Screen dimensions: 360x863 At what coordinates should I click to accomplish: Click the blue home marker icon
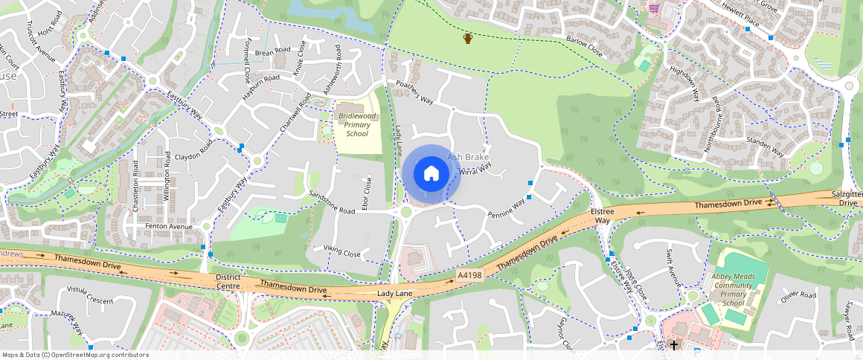pyautogui.click(x=431, y=174)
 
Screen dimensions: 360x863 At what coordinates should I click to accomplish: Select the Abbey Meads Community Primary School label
pyautogui.click(x=733, y=289)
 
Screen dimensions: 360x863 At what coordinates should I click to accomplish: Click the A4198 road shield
pyautogui.click(x=469, y=275)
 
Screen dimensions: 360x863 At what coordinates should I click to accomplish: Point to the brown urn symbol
pyautogui.click(x=468, y=38)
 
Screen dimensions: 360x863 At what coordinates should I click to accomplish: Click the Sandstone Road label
pyautogui.click(x=332, y=202)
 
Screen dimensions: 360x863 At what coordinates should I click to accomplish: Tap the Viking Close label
pyautogui.click(x=341, y=251)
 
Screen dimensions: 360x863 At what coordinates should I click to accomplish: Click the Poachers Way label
pyautogui.click(x=414, y=91)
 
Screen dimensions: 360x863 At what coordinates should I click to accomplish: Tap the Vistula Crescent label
pyautogui.click(x=89, y=295)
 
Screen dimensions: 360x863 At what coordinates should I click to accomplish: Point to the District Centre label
pyautogui.click(x=228, y=282)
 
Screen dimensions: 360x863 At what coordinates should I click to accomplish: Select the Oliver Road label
pyautogui.click(x=798, y=295)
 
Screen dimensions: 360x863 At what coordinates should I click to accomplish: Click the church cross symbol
pyautogui.click(x=674, y=346)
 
